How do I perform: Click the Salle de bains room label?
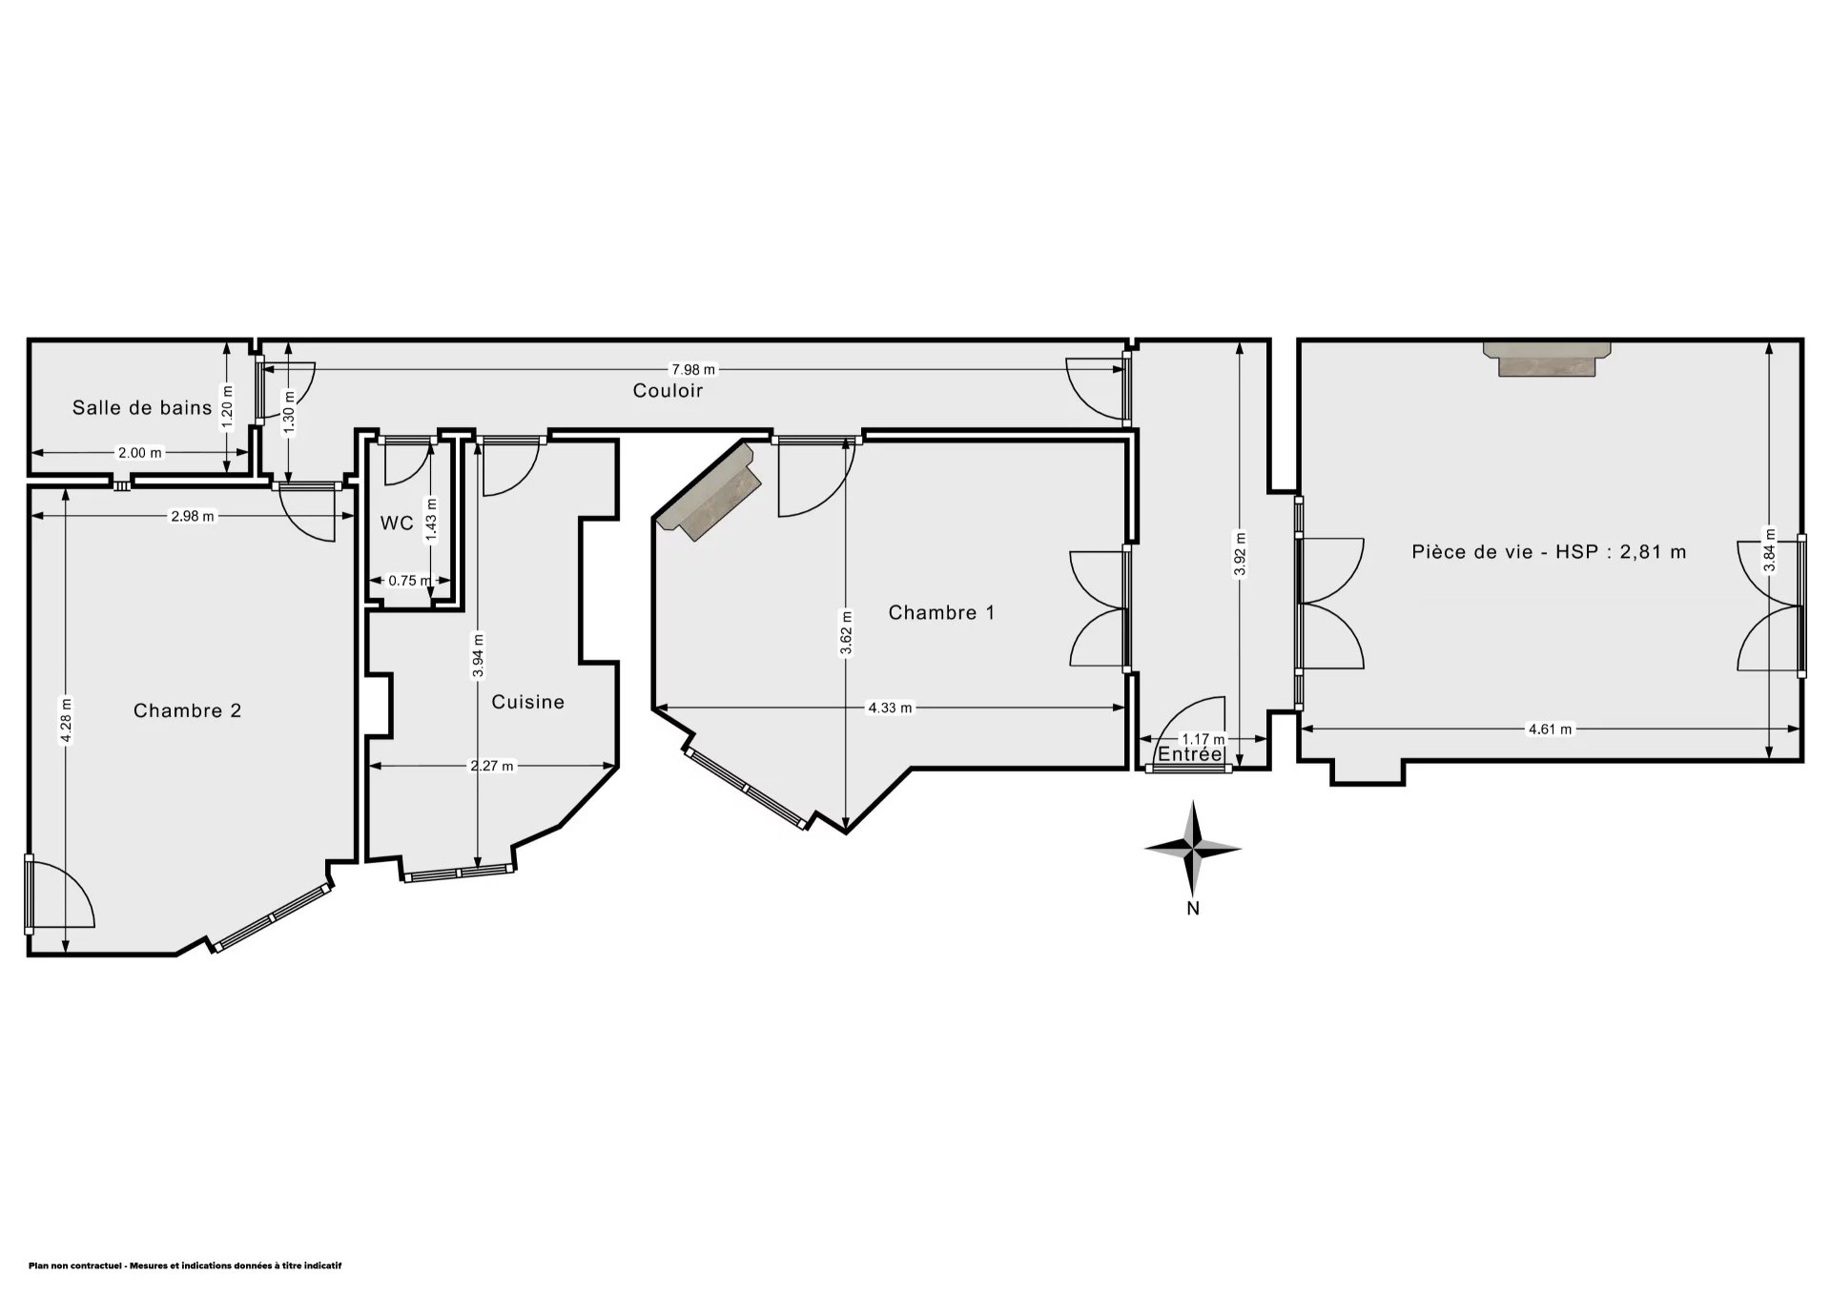pos(142,408)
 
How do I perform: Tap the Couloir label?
pos(668,390)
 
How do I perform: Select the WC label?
pos(397,524)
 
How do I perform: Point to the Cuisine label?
pos(527,702)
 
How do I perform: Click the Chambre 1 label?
pos(941,612)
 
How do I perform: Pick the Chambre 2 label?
pos(187,710)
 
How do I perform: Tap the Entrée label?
pos(1189,754)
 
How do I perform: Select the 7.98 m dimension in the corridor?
pos(693,370)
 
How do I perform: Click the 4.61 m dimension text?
pos(1550,730)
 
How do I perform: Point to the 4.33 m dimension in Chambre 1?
pos(889,708)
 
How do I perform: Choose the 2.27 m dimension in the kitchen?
pos(492,765)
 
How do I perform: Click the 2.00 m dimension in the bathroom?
pos(139,453)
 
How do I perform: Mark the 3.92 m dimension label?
pos(1239,554)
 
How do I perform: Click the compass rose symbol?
pos(1193,846)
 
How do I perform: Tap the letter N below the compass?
pos(1193,909)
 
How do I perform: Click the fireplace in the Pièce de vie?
pos(1547,359)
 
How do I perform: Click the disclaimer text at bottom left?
pos(185,1265)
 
